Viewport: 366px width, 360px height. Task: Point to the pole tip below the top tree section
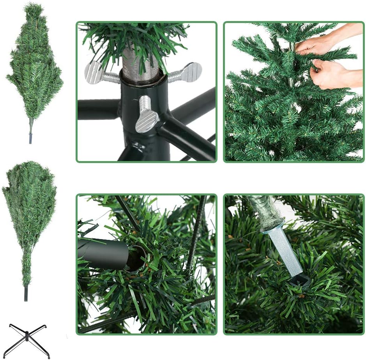click(x=30, y=138)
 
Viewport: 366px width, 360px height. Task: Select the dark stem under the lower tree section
click(x=26, y=293)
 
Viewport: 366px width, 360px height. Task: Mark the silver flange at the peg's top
click(x=272, y=227)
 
